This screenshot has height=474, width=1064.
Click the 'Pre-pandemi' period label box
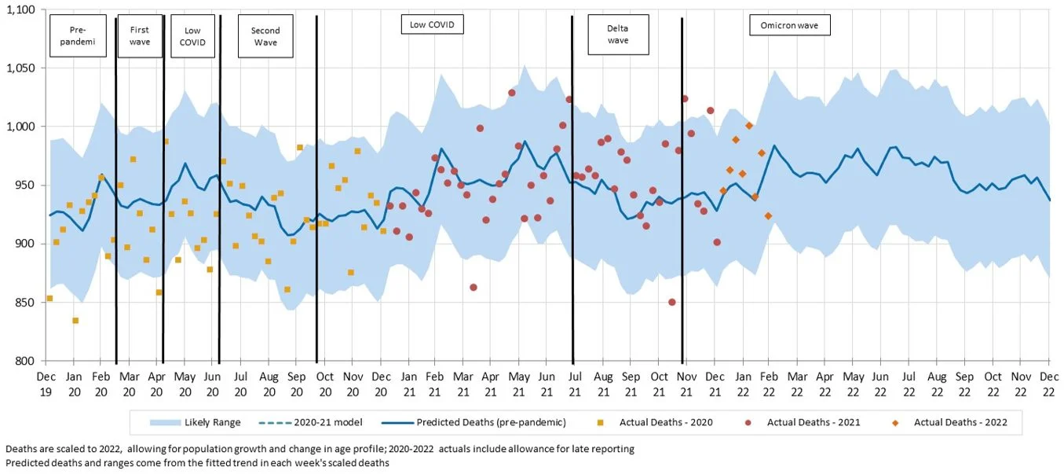coord(77,36)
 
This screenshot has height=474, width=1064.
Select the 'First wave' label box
coord(140,36)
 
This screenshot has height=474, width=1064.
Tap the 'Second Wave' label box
coord(265,36)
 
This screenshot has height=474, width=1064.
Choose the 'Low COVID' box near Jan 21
coord(432,25)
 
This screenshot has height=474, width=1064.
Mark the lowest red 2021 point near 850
coord(671,302)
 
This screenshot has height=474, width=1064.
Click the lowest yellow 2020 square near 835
coord(75,320)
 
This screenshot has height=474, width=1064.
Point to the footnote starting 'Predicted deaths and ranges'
coord(197,463)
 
